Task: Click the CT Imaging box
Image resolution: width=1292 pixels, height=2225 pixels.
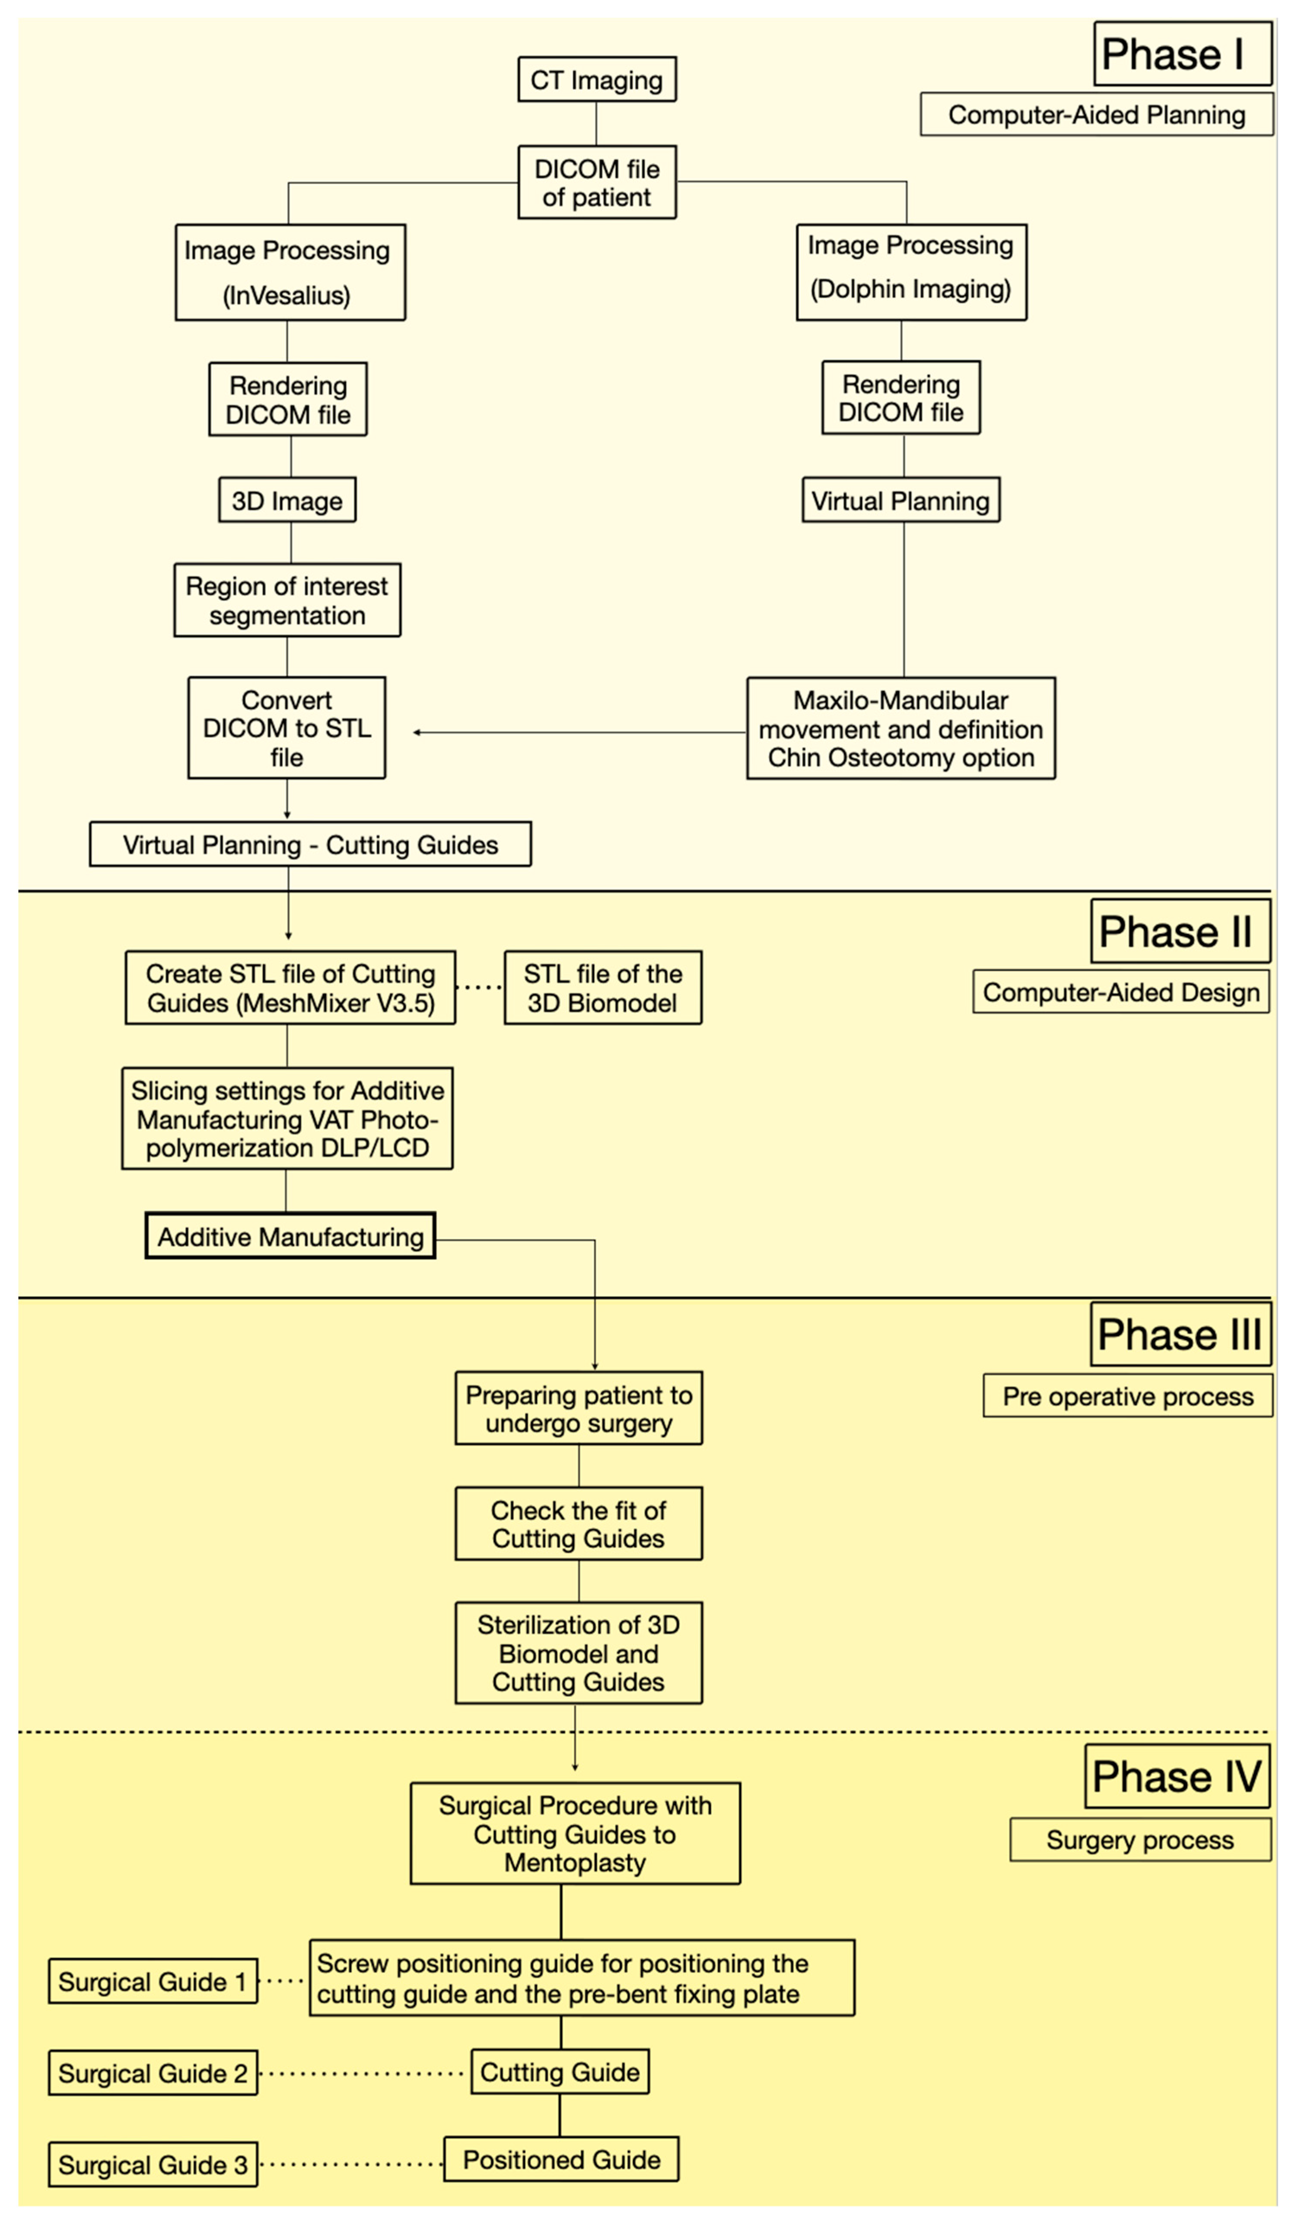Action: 597,79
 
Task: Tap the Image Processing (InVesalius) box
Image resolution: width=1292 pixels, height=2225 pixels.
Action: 290,272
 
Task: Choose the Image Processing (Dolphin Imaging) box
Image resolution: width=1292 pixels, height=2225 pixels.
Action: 911,272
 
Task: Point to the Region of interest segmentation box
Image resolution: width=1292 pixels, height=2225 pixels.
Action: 287,601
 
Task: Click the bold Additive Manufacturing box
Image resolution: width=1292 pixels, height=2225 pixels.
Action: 290,1236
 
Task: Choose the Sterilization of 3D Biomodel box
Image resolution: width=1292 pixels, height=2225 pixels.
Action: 579,1653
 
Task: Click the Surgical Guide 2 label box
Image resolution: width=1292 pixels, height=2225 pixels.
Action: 153,2073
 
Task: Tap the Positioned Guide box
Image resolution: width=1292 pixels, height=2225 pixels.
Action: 562,2160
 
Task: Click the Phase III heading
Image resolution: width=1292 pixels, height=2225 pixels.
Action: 1180,1334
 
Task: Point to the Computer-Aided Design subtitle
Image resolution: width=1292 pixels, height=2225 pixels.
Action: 1122,992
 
